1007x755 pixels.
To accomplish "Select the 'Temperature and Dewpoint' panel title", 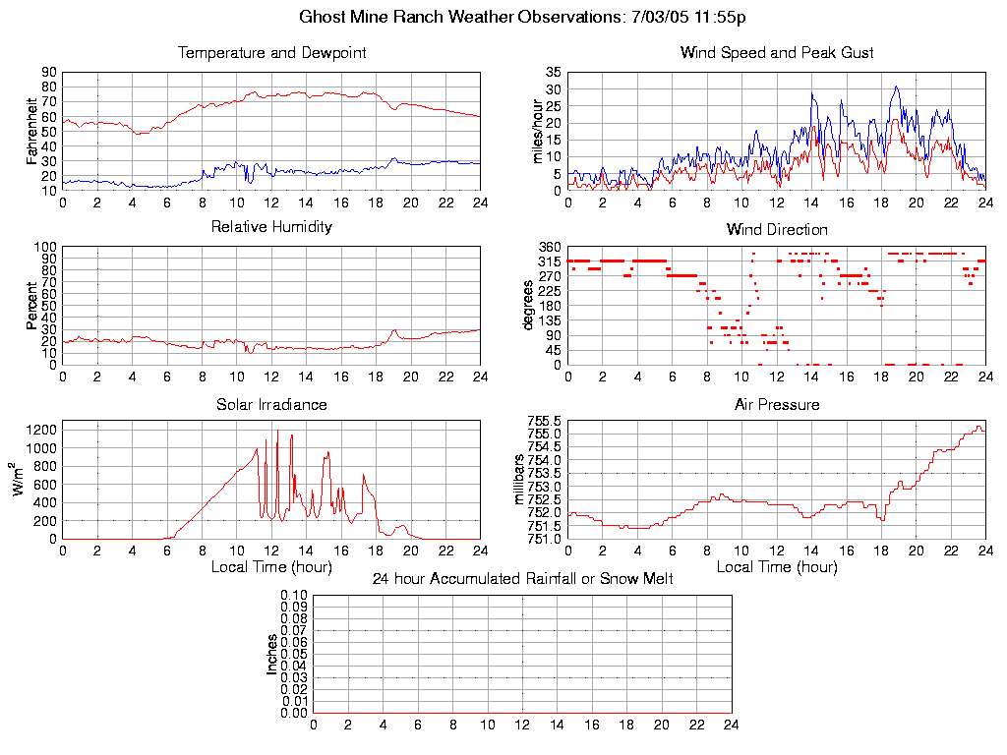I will tap(271, 52).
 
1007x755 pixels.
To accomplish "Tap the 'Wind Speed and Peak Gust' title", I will tap(777, 52).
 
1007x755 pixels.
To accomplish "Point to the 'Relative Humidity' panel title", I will tap(271, 227).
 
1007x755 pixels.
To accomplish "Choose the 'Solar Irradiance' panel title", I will tap(271, 404).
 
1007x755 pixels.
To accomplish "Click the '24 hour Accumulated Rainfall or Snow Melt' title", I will tap(522, 579).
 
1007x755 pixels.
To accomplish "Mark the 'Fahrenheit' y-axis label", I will tap(32, 131).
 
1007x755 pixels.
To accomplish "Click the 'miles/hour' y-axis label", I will tap(538, 131).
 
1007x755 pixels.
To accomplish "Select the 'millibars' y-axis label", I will tap(521, 480).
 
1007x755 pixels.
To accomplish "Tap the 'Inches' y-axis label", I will tap(272, 654).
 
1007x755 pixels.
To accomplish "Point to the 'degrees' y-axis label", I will tap(528, 306).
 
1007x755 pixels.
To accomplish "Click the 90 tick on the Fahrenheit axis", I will tap(48, 73).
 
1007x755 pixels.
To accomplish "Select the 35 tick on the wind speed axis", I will tap(553, 73).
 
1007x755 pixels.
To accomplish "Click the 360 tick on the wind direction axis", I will tap(550, 247).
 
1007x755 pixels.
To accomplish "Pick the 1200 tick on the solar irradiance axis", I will tap(40, 430).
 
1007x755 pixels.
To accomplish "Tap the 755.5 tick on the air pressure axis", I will tap(544, 421).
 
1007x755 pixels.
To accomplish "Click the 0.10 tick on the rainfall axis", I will tap(294, 596).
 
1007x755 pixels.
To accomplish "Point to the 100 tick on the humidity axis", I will tap(44, 247).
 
